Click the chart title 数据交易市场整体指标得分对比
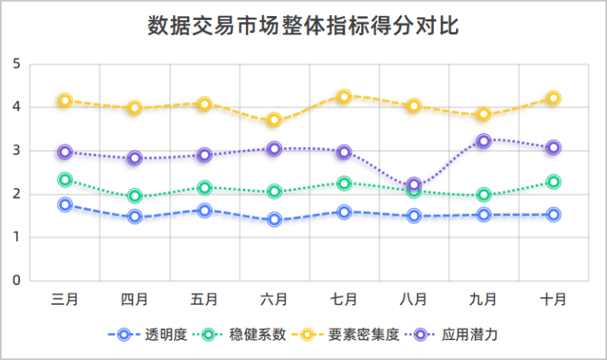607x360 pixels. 303,26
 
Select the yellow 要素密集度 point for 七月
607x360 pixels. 344,97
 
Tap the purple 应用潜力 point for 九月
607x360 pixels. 483,141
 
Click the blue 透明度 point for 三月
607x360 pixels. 65,205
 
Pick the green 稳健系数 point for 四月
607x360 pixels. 134,196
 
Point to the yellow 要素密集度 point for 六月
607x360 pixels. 275,121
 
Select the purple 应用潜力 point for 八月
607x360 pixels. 414,185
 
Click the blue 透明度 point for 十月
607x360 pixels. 553,215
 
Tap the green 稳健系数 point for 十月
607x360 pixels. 553,182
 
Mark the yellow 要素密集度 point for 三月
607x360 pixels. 65,101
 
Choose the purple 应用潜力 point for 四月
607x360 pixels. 134,158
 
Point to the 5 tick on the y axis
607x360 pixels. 16,64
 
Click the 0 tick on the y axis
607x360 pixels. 16,281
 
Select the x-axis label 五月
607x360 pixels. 204,299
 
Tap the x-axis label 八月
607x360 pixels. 414,299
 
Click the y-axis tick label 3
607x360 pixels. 16,151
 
